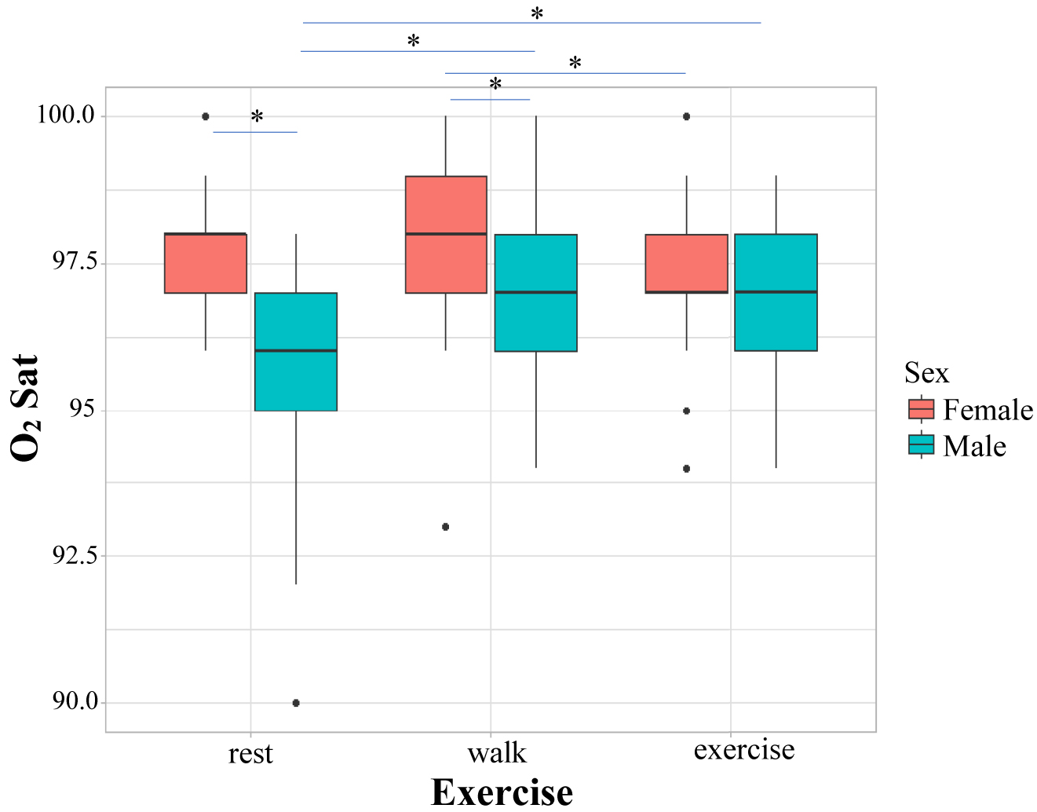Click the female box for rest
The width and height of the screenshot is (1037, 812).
[x=206, y=263]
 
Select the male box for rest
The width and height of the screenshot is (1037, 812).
[x=296, y=352]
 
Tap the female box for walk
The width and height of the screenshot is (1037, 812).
[x=446, y=235]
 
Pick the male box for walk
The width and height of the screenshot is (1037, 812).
[x=536, y=293]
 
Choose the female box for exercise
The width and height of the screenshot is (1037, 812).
[x=687, y=264]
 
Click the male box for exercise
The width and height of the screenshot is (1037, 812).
[x=776, y=292]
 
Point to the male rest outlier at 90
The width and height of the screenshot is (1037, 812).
[x=296, y=703]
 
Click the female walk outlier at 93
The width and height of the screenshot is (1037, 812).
[x=446, y=527]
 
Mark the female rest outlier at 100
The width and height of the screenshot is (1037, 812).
[x=206, y=116]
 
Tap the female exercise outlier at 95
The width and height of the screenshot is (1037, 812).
[x=687, y=411]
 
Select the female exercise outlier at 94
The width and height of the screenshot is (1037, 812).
[x=687, y=469]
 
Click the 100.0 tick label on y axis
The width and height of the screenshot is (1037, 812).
[x=66, y=115]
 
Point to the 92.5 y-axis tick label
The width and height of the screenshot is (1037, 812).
[x=75, y=555]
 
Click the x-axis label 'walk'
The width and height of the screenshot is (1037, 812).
[x=496, y=753]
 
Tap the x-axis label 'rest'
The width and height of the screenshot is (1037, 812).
[x=250, y=754]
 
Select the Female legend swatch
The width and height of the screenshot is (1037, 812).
[x=921, y=409]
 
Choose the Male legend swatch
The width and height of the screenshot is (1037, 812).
[x=921, y=445]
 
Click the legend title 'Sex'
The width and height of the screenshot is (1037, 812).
[x=926, y=373]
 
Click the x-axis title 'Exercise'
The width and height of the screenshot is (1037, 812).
[x=502, y=792]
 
